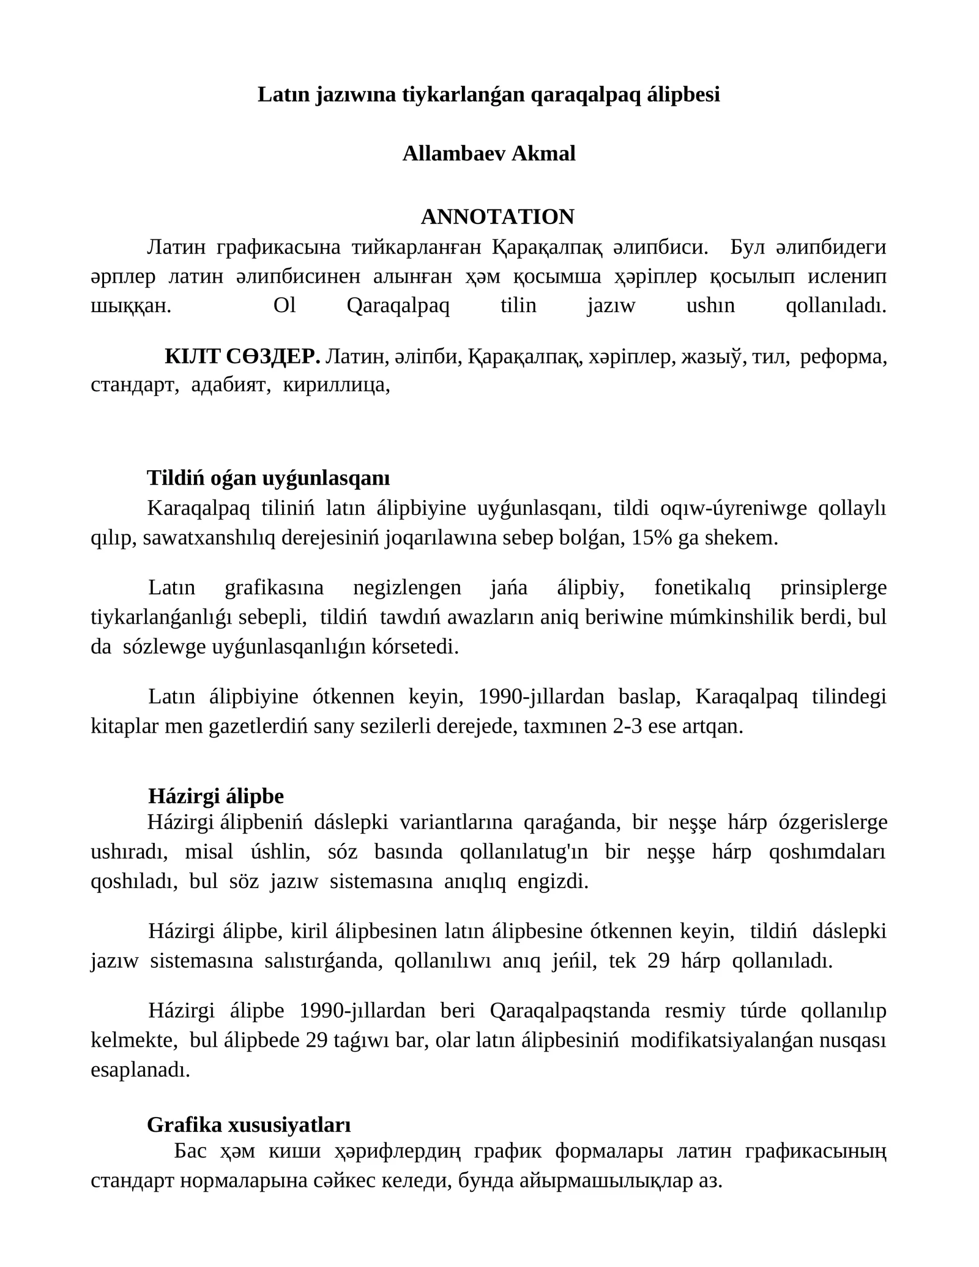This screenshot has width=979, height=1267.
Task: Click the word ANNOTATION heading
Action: click(497, 217)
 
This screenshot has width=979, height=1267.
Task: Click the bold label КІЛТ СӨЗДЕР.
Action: click(242, 356)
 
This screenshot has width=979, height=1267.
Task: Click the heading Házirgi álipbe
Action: click(216, 796)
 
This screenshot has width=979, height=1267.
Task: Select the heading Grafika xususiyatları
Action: click(249, 1124)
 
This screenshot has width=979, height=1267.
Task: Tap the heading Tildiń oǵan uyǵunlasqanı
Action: click(268, 478)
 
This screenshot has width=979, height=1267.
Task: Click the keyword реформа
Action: click(843, 356)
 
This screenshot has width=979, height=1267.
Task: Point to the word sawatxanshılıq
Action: click(209, 538)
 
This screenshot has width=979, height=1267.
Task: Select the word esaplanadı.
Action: click(140, 1069)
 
